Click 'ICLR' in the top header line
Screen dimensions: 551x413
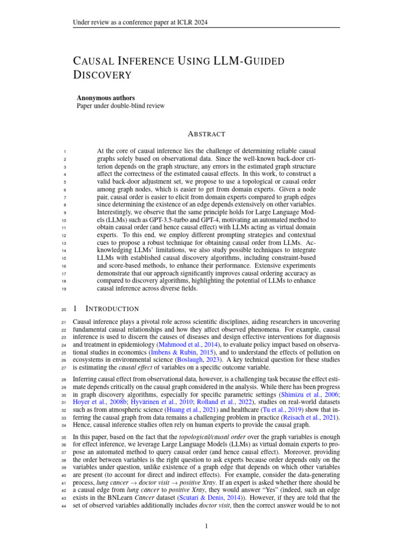point(182,22)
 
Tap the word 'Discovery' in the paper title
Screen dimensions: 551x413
point(102,75)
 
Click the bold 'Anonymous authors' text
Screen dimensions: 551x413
point(108,98)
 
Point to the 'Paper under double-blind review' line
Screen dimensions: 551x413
point(120,106)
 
